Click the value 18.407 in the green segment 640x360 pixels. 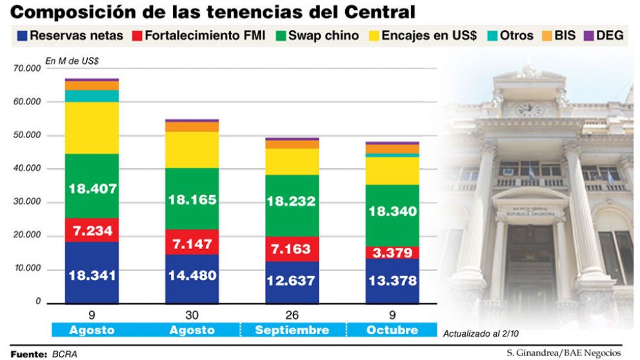coord(92,189)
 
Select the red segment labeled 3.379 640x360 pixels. coord(392,252)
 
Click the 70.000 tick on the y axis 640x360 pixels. coord(27,68)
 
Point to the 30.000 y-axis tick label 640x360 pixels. coord(27,202)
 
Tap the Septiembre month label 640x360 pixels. coord(292,330)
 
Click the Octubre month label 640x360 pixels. coord(392,330)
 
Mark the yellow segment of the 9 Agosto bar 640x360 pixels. coord(92,128)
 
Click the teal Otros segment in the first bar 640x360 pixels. coord(92,96)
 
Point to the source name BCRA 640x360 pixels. coord(65,354)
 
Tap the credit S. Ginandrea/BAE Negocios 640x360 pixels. coord(563,353)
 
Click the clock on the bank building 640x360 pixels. coord(530,110)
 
